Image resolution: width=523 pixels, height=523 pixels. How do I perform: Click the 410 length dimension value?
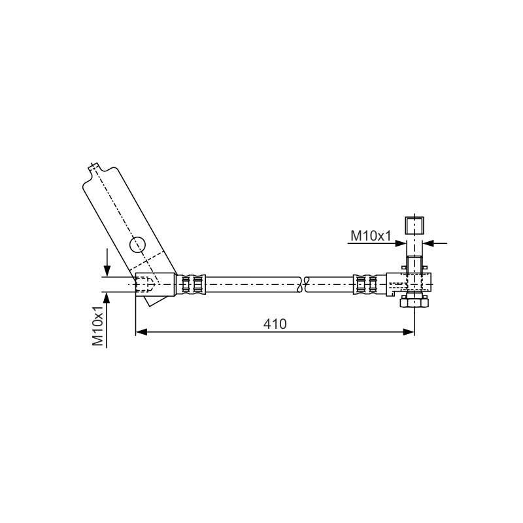(x=275, y=324)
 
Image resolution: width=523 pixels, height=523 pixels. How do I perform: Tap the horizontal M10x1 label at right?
(x=371, y=236)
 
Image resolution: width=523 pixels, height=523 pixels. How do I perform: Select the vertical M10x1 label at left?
(x=97, y=326)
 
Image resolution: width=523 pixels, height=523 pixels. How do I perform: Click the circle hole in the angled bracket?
(x=137, y=245)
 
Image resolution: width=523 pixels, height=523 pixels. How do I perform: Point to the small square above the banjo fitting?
(x=414, y=225)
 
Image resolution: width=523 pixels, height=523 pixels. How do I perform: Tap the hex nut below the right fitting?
(x=414, y=302)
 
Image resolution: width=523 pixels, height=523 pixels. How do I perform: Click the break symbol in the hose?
(x=303, y=284)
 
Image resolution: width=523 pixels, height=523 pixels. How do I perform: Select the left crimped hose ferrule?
(x=191, y=284)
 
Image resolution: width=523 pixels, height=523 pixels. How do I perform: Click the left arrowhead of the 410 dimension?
(x=141, y=331)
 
